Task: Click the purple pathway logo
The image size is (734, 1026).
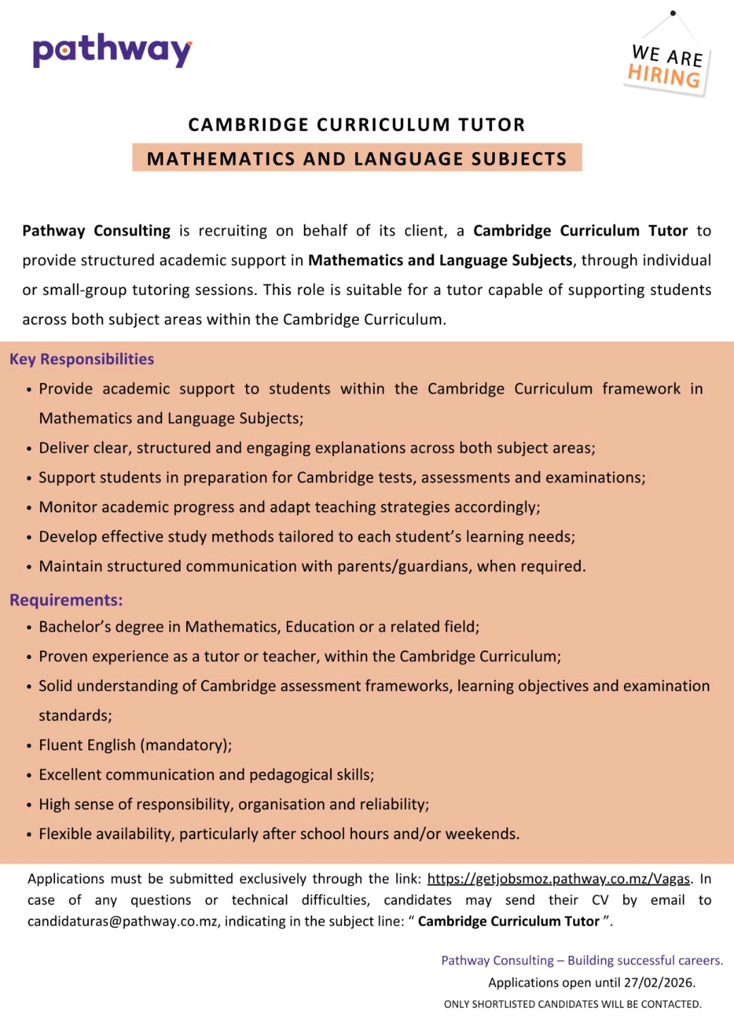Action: point(112,50)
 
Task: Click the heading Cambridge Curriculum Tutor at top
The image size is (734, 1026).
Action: point(357,125)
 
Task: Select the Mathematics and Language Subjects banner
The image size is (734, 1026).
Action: point(357,158)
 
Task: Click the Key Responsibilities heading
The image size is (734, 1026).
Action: point(82,359)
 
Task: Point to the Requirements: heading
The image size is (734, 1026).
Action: point(66,600)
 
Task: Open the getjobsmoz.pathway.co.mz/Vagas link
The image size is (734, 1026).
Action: point(558,879)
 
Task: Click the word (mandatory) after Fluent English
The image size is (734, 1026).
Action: point(186,745)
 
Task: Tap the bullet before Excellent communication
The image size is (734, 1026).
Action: point(29,776)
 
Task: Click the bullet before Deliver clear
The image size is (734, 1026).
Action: point(29,449)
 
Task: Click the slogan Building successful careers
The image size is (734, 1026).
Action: point(645,961)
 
